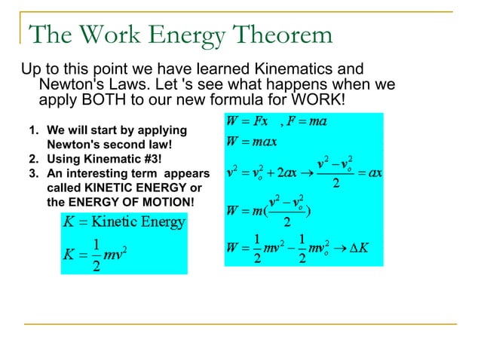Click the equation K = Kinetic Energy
124,222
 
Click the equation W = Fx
248,121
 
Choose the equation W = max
253,141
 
